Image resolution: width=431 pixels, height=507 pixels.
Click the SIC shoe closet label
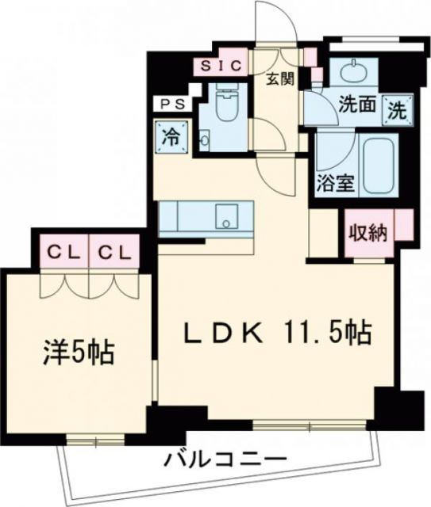pyautogui.click(x=218, y=66)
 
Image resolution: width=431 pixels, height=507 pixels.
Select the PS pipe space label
pyautogui.click(x=171, y=103)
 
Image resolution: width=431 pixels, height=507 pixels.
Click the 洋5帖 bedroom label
pyautogui.click(x=79, y=349)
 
